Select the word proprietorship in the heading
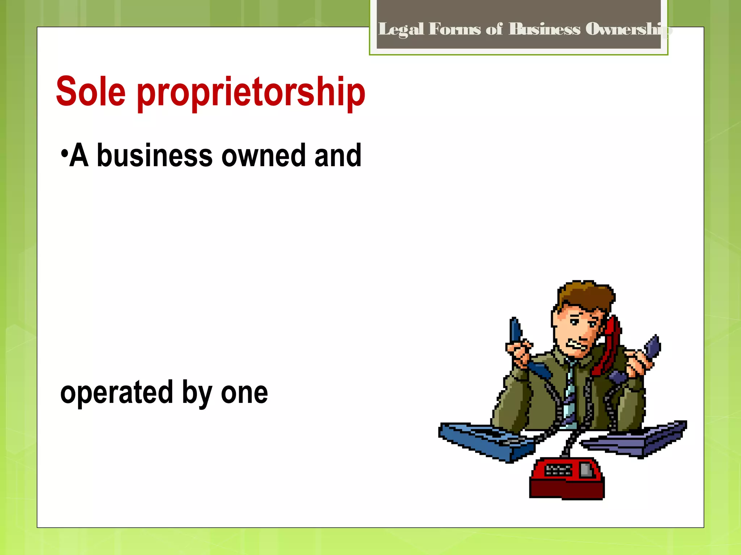pos(251,93)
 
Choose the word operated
pos(117,393)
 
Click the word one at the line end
pos(244,393)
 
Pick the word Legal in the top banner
pos(401,29)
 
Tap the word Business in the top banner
pos(544,29)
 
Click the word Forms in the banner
pos(455,29)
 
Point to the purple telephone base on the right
pos(637,439)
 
